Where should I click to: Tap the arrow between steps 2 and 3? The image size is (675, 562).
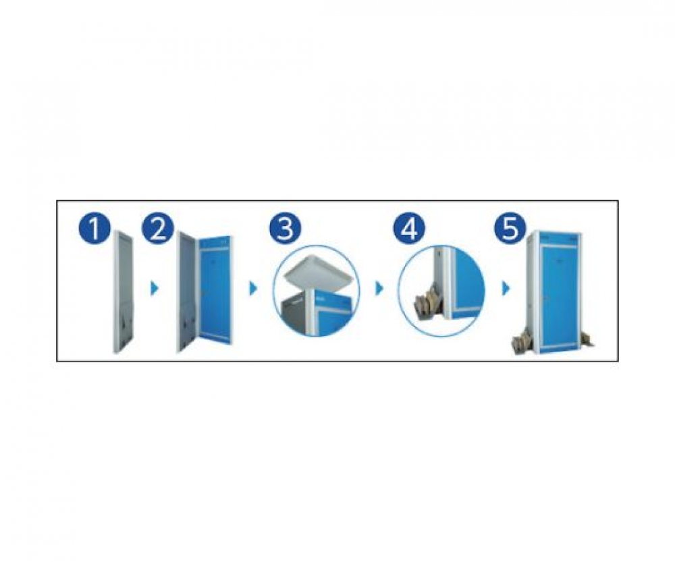click(x=253, y=289)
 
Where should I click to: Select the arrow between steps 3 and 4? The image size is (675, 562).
click(x=379, y=289)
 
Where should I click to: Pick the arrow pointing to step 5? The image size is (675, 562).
click(x=506, y=289)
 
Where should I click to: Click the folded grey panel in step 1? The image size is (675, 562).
click(x=123, y=293)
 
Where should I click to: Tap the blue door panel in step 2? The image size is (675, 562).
click(x=214, y=293)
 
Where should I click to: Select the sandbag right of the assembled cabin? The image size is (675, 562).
click(x=587, y=340)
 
